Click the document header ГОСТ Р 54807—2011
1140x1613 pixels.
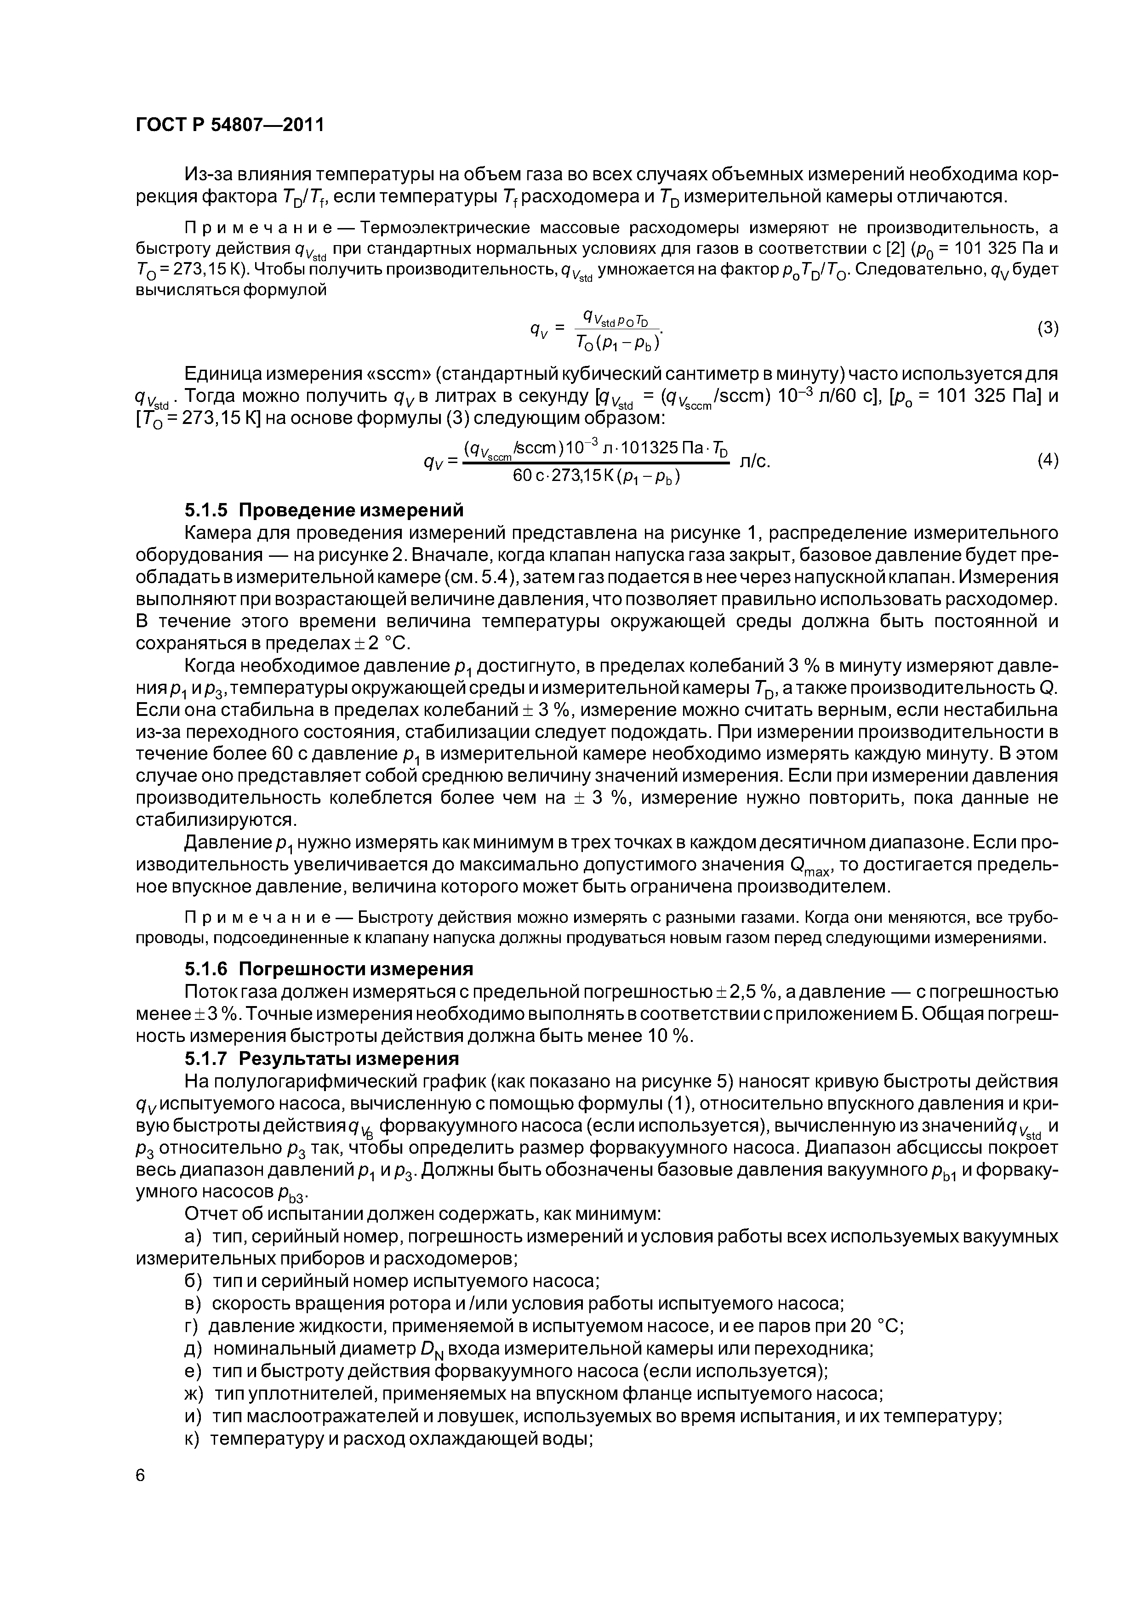pyautogui.click(x=229, y=125)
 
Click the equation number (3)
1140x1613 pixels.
pyautogui.click(x=1047, y=329)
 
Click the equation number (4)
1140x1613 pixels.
pyautogui.click(x=1047, y=460)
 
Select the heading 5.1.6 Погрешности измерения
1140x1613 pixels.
pyautogui.click(x=328, y=969)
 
